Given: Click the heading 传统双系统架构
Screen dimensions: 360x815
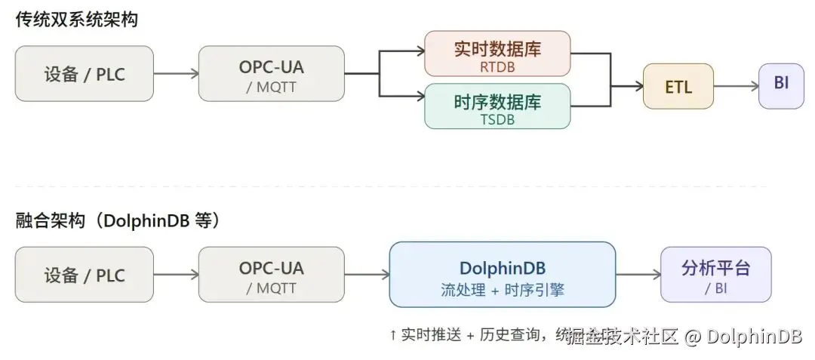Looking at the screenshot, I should pyautogui.click(x=77, y=20).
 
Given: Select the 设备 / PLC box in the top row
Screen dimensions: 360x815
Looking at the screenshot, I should pyautogui.click(x=84, y=74).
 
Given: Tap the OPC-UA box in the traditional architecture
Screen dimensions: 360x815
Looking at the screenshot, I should pyautogui.click(x=271, y=74).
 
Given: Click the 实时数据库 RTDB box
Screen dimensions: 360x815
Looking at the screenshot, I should pyautogui.click(x=497, y=54).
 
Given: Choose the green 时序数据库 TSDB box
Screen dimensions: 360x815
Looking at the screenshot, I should pyautogui.click(x=497, y=106).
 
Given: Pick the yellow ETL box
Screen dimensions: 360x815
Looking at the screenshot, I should pyautogui.click(x=678, y=86).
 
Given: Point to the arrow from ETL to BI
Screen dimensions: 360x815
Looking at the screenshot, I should pyautogui.click(x=736, y=86).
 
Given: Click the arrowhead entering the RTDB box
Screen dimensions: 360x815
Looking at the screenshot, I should pyautogui.click(x=420, y=51).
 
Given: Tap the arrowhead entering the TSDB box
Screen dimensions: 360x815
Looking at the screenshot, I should pyautogui.click(x=420, y=96).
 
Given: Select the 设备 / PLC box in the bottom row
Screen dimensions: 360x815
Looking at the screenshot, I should pyautogui.click(x=84, y=275).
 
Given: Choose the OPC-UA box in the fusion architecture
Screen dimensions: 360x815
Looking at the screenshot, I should pyautogui.click(x=271, y=275).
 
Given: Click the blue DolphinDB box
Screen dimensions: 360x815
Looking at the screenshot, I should pyautogui.click(x=502, y=275).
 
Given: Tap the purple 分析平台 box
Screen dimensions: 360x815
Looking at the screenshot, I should pyautogui.click(x=715, y=275).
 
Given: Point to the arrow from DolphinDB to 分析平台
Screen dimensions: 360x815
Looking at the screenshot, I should pyautogui.click(x=638, y=275).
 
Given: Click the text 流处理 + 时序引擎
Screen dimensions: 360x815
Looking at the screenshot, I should pyautogui.click(x=502, y=290).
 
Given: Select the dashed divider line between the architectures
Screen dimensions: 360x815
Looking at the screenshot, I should pyautogui.click(x=392, y=186).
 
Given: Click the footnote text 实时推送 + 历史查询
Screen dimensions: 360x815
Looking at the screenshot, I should pyautogui.click(x=468, y=334).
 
